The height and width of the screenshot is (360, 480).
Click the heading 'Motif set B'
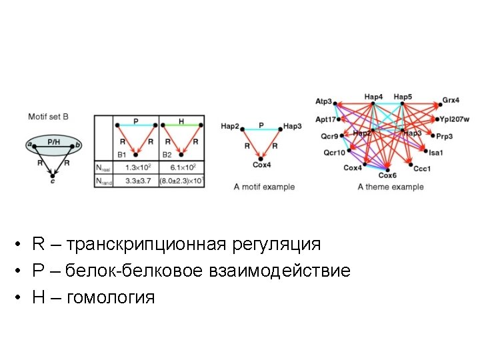click(x=48, y=117)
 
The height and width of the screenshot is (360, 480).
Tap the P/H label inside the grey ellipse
click(x=53, y=141)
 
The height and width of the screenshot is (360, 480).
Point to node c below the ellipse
click(x=53, y=180)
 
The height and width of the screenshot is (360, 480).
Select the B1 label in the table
click(x=122, y=155)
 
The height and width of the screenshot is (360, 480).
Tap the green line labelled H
click(x=181, y=125)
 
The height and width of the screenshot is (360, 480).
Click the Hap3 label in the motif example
click(x=292, y=125)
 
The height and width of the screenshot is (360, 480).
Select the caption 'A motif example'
click(x=264, y=187)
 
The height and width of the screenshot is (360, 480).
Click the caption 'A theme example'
click(x=390, y=187)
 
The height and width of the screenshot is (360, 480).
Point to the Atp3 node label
click(x=323, y=101)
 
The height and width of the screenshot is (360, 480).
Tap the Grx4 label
click(x=451, y=101)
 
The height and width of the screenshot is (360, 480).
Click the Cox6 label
click(x=387, y=175)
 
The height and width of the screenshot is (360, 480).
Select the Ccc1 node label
click(x=422, y=169)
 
